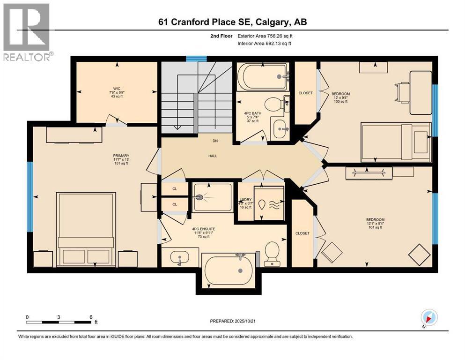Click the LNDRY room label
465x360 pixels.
click(245, 200)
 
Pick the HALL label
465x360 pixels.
click(213, 156)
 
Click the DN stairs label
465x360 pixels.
click(214, 140)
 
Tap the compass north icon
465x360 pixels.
click(429, 317)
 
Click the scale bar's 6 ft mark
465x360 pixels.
click(90, 317)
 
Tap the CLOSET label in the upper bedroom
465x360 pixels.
click(305, 93)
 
